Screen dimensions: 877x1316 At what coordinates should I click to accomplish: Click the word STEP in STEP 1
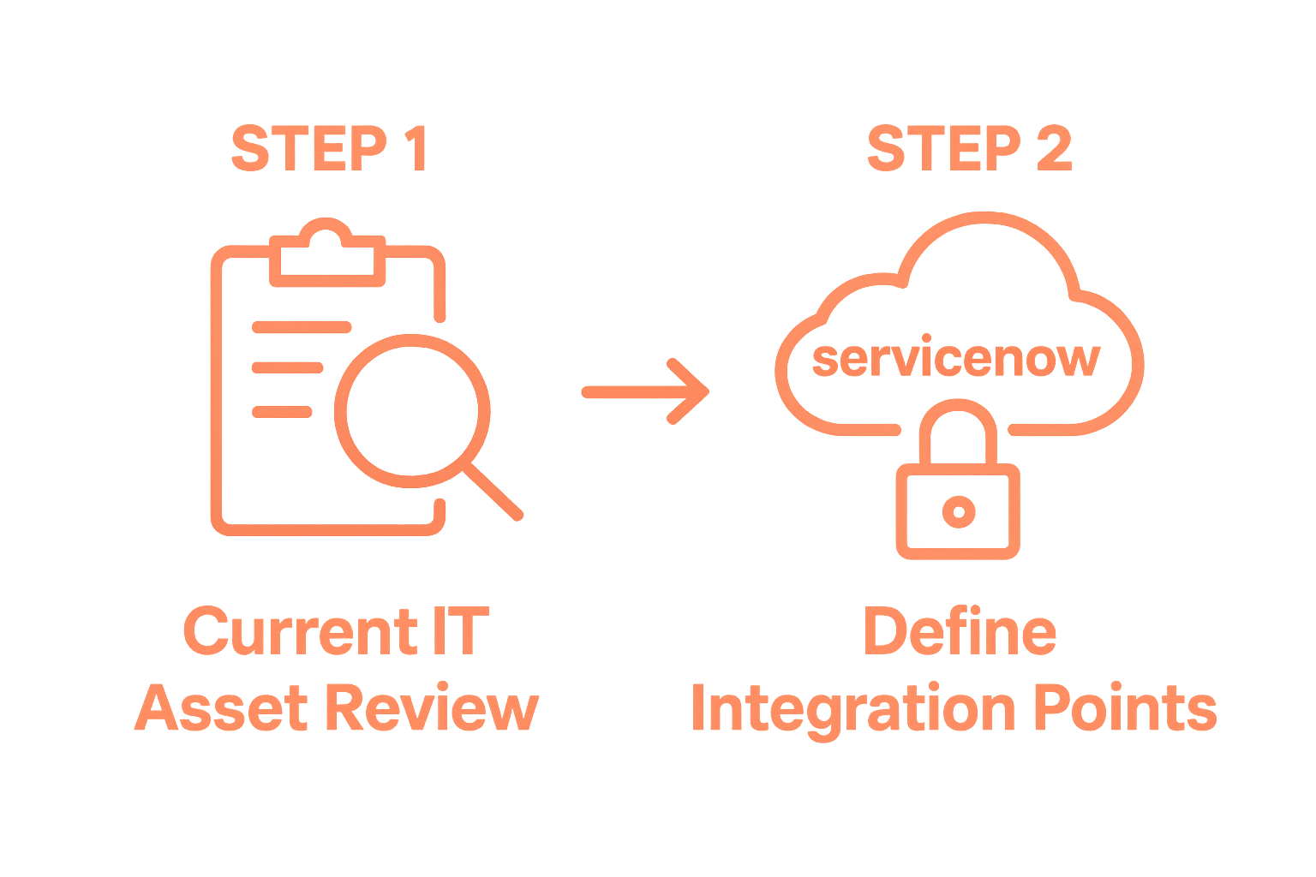(295, 149)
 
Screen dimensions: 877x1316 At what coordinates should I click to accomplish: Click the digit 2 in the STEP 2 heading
(1050, 149)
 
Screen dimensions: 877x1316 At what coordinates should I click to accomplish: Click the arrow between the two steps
(647, 391)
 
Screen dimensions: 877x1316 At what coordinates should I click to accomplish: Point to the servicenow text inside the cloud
(955, 358)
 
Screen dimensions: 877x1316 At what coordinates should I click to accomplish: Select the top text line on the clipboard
(301, 326)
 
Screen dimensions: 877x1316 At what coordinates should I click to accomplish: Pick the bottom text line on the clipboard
(282, 411)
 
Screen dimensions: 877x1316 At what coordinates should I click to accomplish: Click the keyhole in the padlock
(957, 511)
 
